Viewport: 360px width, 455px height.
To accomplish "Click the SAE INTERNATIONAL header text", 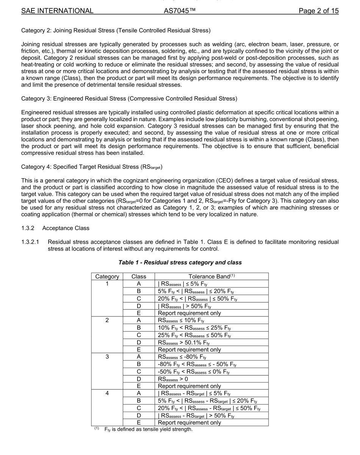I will coord(57,11).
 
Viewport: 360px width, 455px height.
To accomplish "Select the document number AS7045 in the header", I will coord(180,11).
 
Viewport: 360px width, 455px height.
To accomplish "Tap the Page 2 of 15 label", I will coord(318,11).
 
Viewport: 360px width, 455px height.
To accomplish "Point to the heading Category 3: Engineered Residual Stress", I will coord(129,99).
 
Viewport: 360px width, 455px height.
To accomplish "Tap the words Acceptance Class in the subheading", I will coord(67,228).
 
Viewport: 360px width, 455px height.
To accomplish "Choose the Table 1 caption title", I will coord(180,262).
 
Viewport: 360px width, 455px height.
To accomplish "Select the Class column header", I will coord(139,277).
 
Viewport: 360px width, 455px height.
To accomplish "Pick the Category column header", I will coord(107,277).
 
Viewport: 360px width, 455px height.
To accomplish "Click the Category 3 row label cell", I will coord(107,357).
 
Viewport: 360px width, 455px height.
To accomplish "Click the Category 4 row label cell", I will coord(107,393).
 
